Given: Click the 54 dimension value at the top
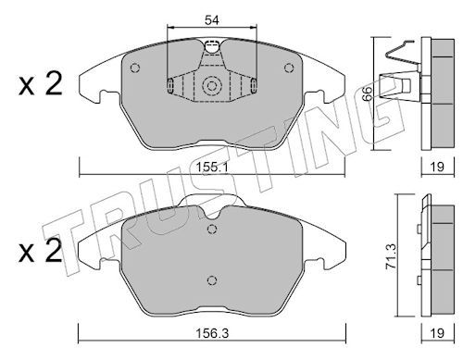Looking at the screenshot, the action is (x=212, y=20).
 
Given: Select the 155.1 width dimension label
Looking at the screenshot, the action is (x=212, y=168).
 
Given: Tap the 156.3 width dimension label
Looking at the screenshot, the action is (x=212, y=333).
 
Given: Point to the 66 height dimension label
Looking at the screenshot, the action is (x=367, y=93).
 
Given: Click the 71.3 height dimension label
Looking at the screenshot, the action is (x=392, y=255).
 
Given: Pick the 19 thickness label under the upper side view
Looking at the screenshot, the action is (x=437, y=167).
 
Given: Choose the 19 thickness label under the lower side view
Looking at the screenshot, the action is (x=437, y=333).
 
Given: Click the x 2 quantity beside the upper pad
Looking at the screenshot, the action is (x=40, y=83).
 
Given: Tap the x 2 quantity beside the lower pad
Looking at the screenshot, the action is (x=40, y=251).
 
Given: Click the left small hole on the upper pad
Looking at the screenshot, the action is (x=135, y=68).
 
